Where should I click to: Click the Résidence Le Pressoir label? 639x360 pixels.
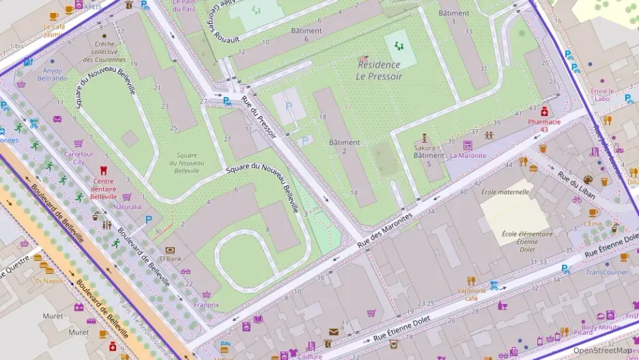click(x=380, y=70)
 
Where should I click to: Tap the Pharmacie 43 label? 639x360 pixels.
click(x=543, y=125)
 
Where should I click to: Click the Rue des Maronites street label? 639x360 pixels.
click(x=386, y=227)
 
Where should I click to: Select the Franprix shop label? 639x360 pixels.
click(x=206, y=305)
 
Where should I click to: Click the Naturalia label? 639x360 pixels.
click(x=128, y=206)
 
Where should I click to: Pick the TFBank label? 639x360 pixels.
click(x=170, y=259)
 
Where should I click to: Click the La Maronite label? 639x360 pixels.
click(x=468, y=155)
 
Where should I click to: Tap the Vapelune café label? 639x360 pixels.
click(x=471, y=294)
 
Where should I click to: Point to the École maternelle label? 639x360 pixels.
click(x=505, y=192)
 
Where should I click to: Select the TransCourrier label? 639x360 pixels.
click(x=606, y=271)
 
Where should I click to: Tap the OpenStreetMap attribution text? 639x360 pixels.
click(x=601, y=350)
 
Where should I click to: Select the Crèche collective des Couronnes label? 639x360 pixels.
click(x=104, y=51)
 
